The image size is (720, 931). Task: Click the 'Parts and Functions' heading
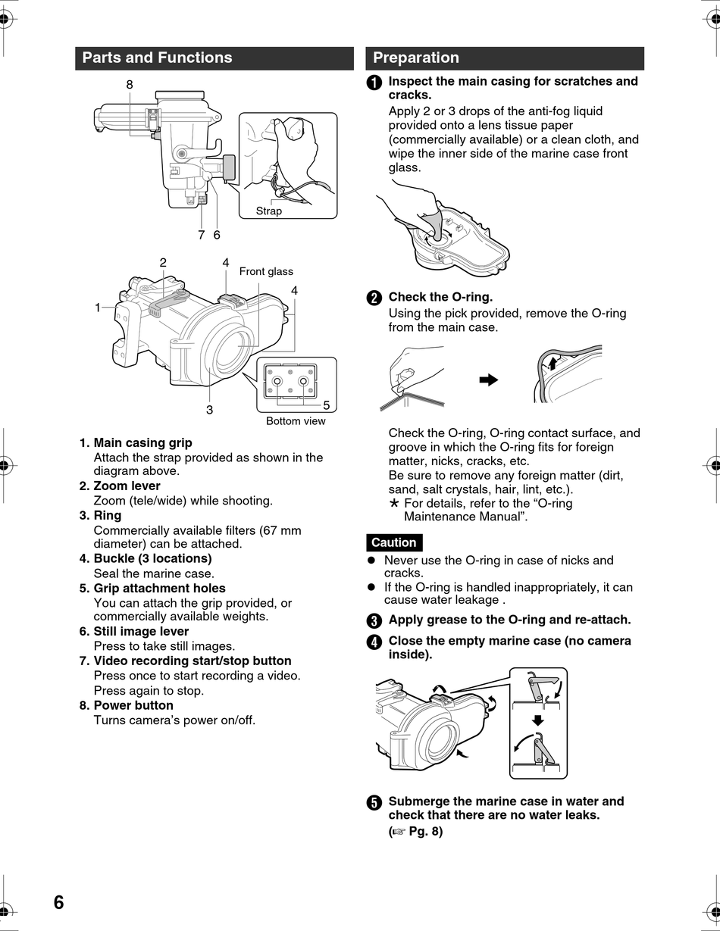pos(157,58)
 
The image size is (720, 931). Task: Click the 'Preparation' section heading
pos(416,58)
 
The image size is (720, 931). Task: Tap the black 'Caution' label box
pos(393,542)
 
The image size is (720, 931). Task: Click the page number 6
pos(58,903)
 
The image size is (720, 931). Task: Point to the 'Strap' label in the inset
pos(268,211)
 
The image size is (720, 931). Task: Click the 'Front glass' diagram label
pos(266,271)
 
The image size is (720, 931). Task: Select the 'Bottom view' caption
pos(296,421)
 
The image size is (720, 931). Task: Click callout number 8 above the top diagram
pos(130,85)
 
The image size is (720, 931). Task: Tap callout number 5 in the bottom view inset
pos(327,405)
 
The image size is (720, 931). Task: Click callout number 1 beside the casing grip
pos(98,308)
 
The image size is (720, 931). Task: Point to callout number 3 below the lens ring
pos(209,410)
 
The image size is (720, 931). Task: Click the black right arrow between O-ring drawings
pos(489,380)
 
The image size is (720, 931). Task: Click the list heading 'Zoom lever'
pos(127,486)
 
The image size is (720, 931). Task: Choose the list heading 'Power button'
pos(133,705)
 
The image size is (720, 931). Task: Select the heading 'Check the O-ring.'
pos(440,297)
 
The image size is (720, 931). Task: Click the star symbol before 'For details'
pos(393,503)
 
